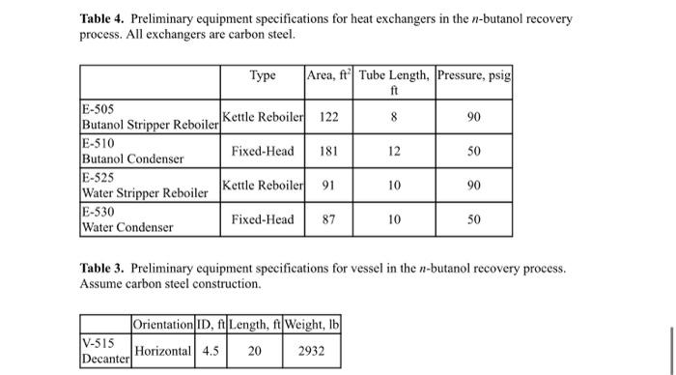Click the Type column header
point(263,75)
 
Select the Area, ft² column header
point(328,75)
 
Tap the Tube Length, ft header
point(394,82)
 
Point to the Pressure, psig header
point(473,75)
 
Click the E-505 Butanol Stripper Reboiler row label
point(150,117)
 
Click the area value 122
point(328,117)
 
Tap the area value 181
point(328,151)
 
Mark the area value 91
point(328,185)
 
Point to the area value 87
point(328,219)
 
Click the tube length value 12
point(394,151)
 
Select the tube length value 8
point(394,117)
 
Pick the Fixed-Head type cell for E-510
point(263,151)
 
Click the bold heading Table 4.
point(103,18)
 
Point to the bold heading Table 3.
point(103,268)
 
